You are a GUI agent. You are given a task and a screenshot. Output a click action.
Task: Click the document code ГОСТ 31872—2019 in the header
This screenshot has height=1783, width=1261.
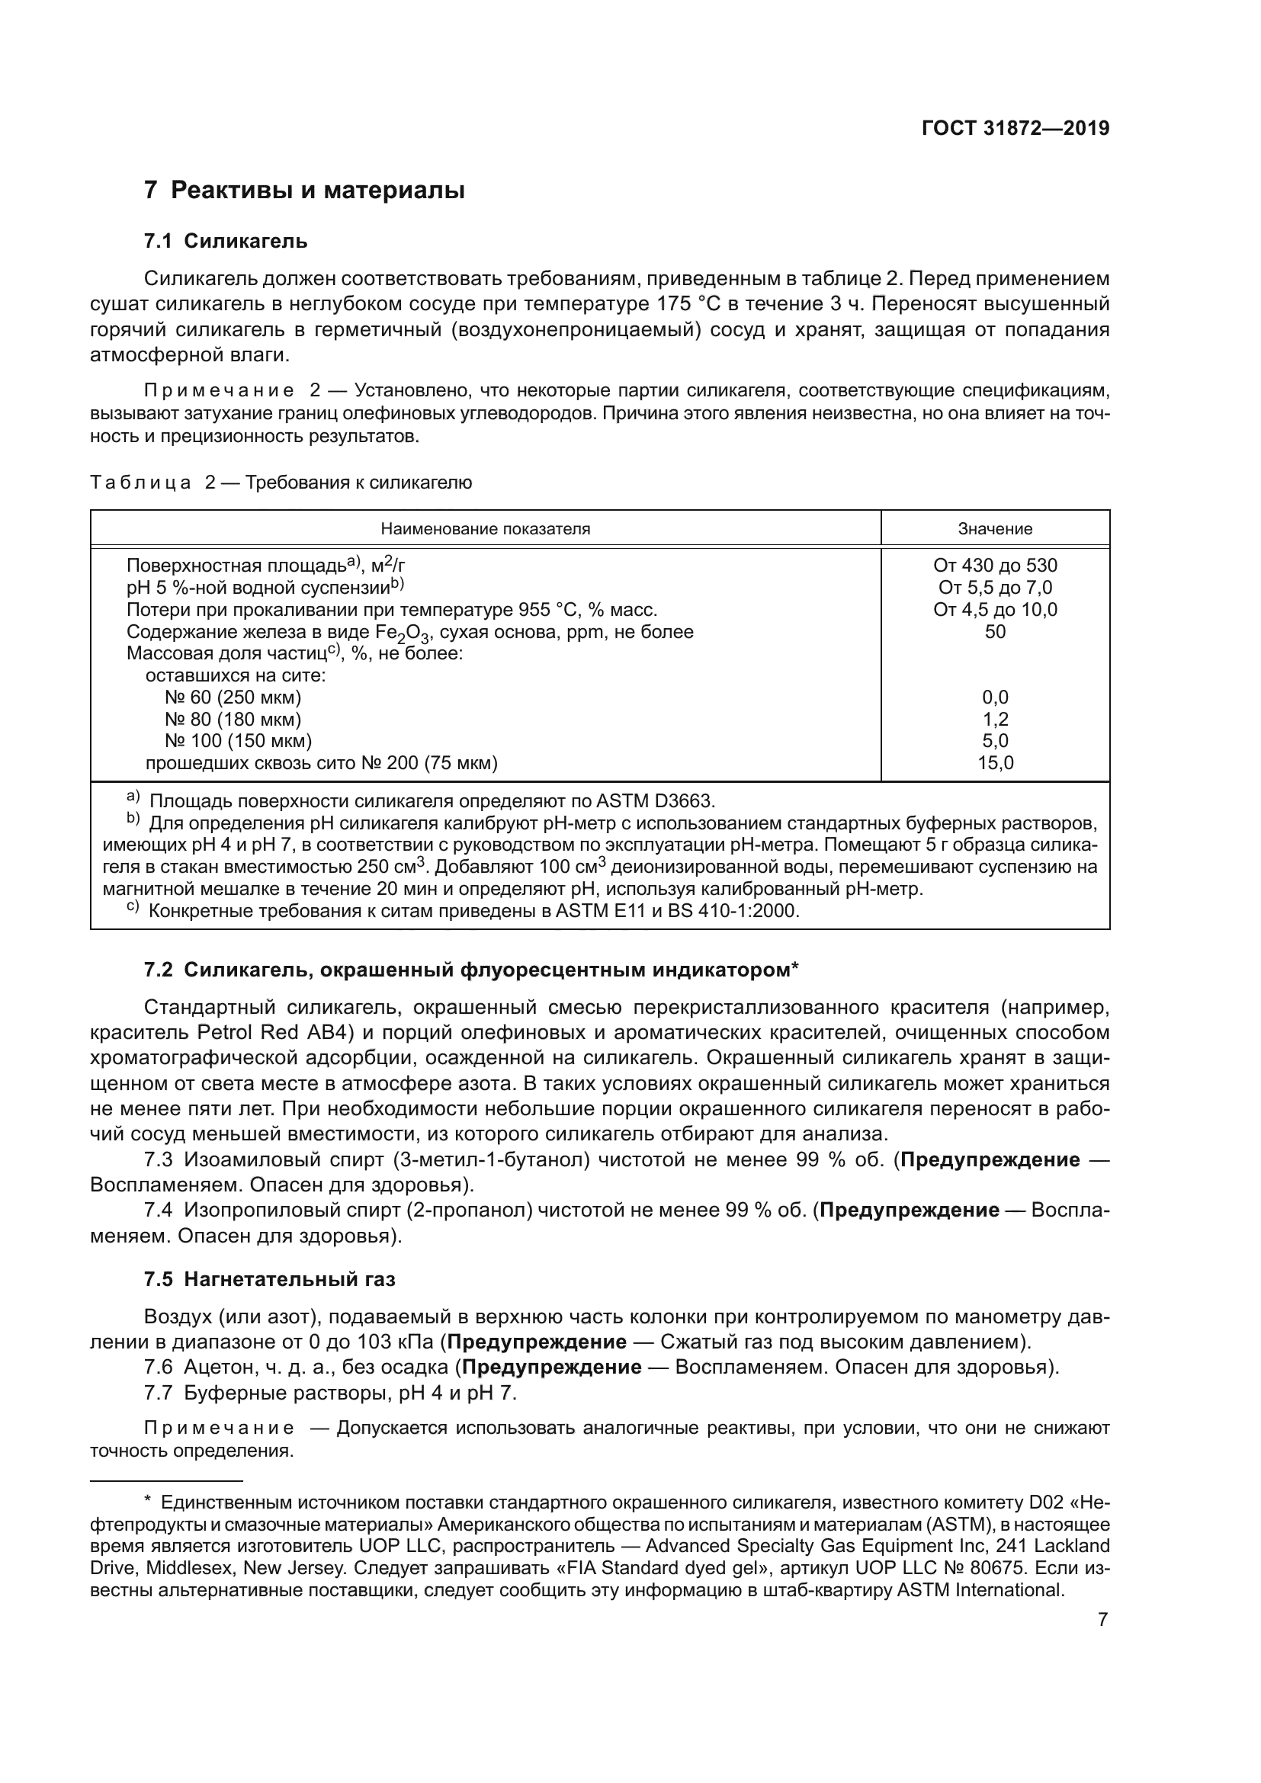[x=1015, y=129]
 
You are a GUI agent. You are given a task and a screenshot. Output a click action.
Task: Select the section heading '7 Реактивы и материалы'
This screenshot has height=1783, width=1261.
[x=304, y=190]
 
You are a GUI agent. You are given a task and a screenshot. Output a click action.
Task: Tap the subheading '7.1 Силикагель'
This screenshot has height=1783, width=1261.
[x=225, y=242]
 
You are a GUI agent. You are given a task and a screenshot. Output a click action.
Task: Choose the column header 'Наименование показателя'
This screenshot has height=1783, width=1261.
[x=486, y=529]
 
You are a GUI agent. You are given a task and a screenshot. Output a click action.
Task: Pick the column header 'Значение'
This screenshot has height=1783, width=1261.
[x=995, y=529]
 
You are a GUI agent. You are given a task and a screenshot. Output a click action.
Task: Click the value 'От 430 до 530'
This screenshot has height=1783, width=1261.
[x=995, y=566]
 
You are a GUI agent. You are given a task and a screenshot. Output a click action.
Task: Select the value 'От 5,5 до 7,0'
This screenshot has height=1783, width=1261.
[x=995, y=588]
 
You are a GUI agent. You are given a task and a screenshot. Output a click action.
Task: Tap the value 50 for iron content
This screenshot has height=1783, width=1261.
[x=995, y=631]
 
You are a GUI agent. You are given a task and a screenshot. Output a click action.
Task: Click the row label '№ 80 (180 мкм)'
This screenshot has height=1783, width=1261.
[x=233, y=719]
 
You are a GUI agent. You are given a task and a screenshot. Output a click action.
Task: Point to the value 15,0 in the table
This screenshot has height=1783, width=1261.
[x=995, y=762]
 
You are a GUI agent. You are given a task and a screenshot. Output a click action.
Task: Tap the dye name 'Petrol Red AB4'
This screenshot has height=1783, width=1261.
[x=264, y=1033]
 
